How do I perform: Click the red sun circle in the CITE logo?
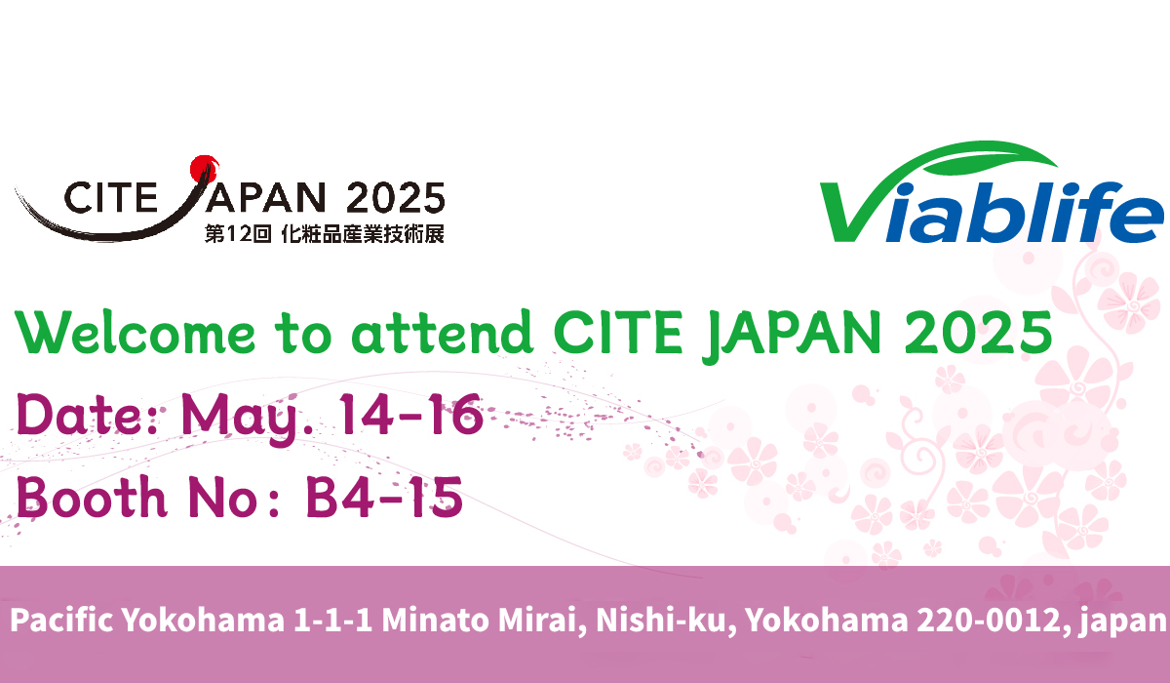(x=204, y=168)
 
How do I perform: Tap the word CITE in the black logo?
(x=111, y=197)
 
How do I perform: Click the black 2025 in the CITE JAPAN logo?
(x=396, y=197)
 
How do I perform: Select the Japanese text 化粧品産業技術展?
(x=363, y=234)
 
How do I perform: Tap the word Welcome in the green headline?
(x=136, y=333)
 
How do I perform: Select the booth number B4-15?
(x=384, y=497)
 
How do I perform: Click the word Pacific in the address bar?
(x=61, y=620)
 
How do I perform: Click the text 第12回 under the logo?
(x=238, y=234)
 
